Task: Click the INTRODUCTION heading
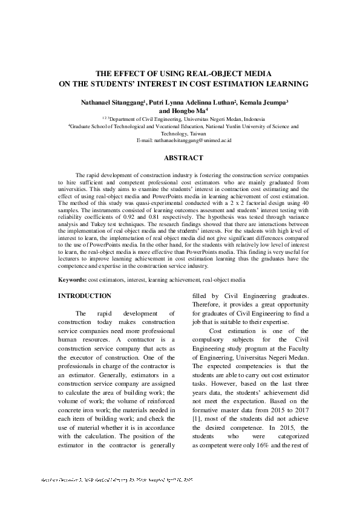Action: coord(84,296)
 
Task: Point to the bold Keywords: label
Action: coord(72,280)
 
